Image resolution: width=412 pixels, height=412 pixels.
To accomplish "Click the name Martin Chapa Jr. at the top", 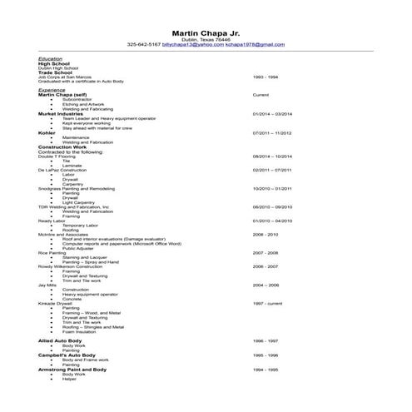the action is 206,30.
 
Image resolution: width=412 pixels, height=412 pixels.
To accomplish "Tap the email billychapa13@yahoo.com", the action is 193,44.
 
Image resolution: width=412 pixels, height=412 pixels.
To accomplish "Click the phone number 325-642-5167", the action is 144,44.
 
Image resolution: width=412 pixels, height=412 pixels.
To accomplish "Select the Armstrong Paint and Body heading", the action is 72,369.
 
